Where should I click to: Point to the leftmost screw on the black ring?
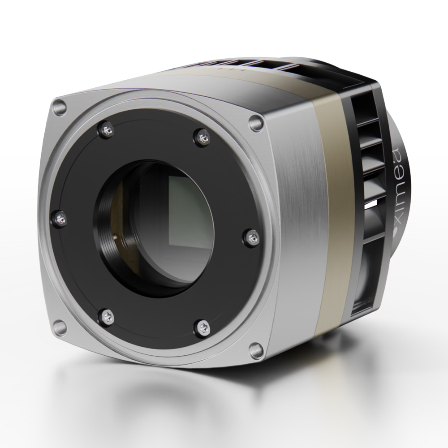pos(61,218)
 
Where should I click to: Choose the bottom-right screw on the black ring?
pos(202,327)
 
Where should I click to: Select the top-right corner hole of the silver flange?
pos(255,121)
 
